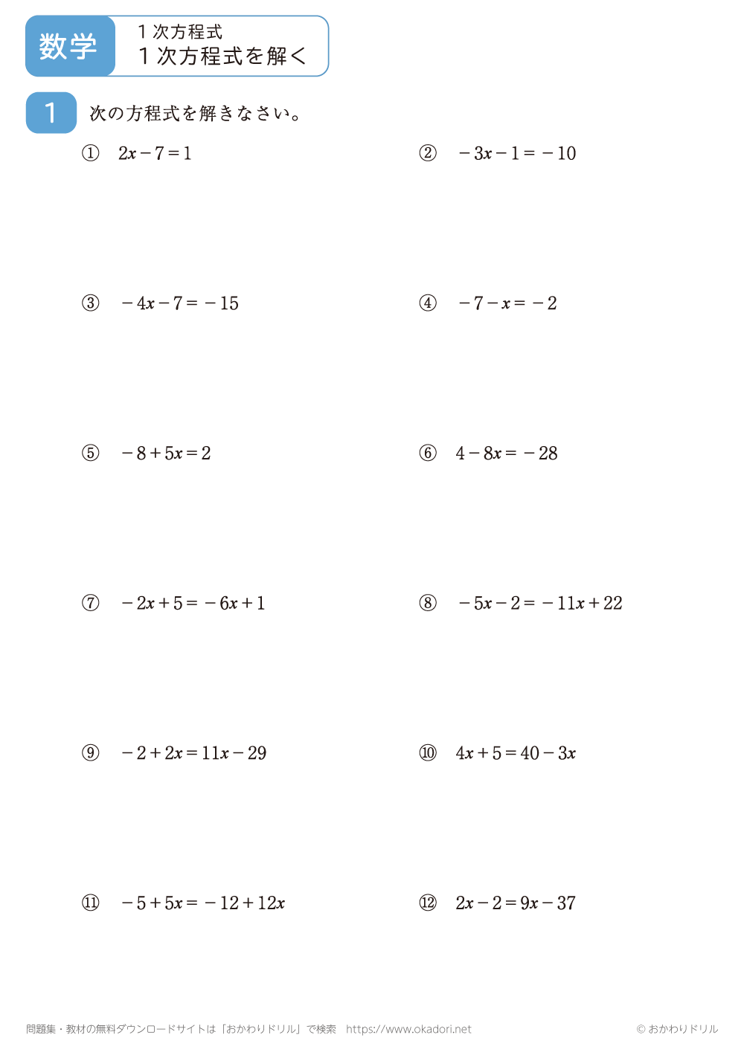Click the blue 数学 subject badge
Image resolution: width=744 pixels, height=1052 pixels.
pos(69,46)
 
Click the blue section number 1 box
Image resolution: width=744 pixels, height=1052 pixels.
pos(51,113)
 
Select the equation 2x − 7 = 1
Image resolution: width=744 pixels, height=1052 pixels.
pos(155,154)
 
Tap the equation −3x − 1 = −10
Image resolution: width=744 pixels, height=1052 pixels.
pos(517,154)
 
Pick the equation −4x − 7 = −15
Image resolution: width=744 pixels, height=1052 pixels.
pos(180,303)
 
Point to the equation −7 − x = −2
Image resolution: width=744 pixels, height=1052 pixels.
pos(507,303)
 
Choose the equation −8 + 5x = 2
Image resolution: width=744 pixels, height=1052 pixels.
pos(166,454)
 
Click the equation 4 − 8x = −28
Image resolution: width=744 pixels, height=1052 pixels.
pos(507,454)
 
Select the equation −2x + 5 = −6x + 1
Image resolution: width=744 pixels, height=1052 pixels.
pos(193,603)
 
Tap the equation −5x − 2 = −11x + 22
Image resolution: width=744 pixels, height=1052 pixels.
pos(540,603)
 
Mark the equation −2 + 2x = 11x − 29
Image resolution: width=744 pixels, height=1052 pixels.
pos(194,753)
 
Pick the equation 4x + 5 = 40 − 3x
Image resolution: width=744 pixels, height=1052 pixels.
pos(516,753)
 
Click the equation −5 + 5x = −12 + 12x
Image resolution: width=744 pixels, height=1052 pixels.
pos(203,903)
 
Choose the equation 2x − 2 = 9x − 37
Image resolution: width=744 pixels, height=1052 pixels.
pos(516,903)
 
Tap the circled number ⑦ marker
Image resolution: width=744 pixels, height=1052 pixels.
pos(90,603)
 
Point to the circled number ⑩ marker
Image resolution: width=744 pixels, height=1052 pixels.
pos(428,753)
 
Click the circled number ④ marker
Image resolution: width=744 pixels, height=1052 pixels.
pos(428,303)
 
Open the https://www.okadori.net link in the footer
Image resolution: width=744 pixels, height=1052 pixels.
pos(408,1029)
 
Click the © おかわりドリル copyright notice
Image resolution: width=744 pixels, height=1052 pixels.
pos(677,1029)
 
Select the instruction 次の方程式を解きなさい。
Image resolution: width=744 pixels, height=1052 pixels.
pos(195,114)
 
